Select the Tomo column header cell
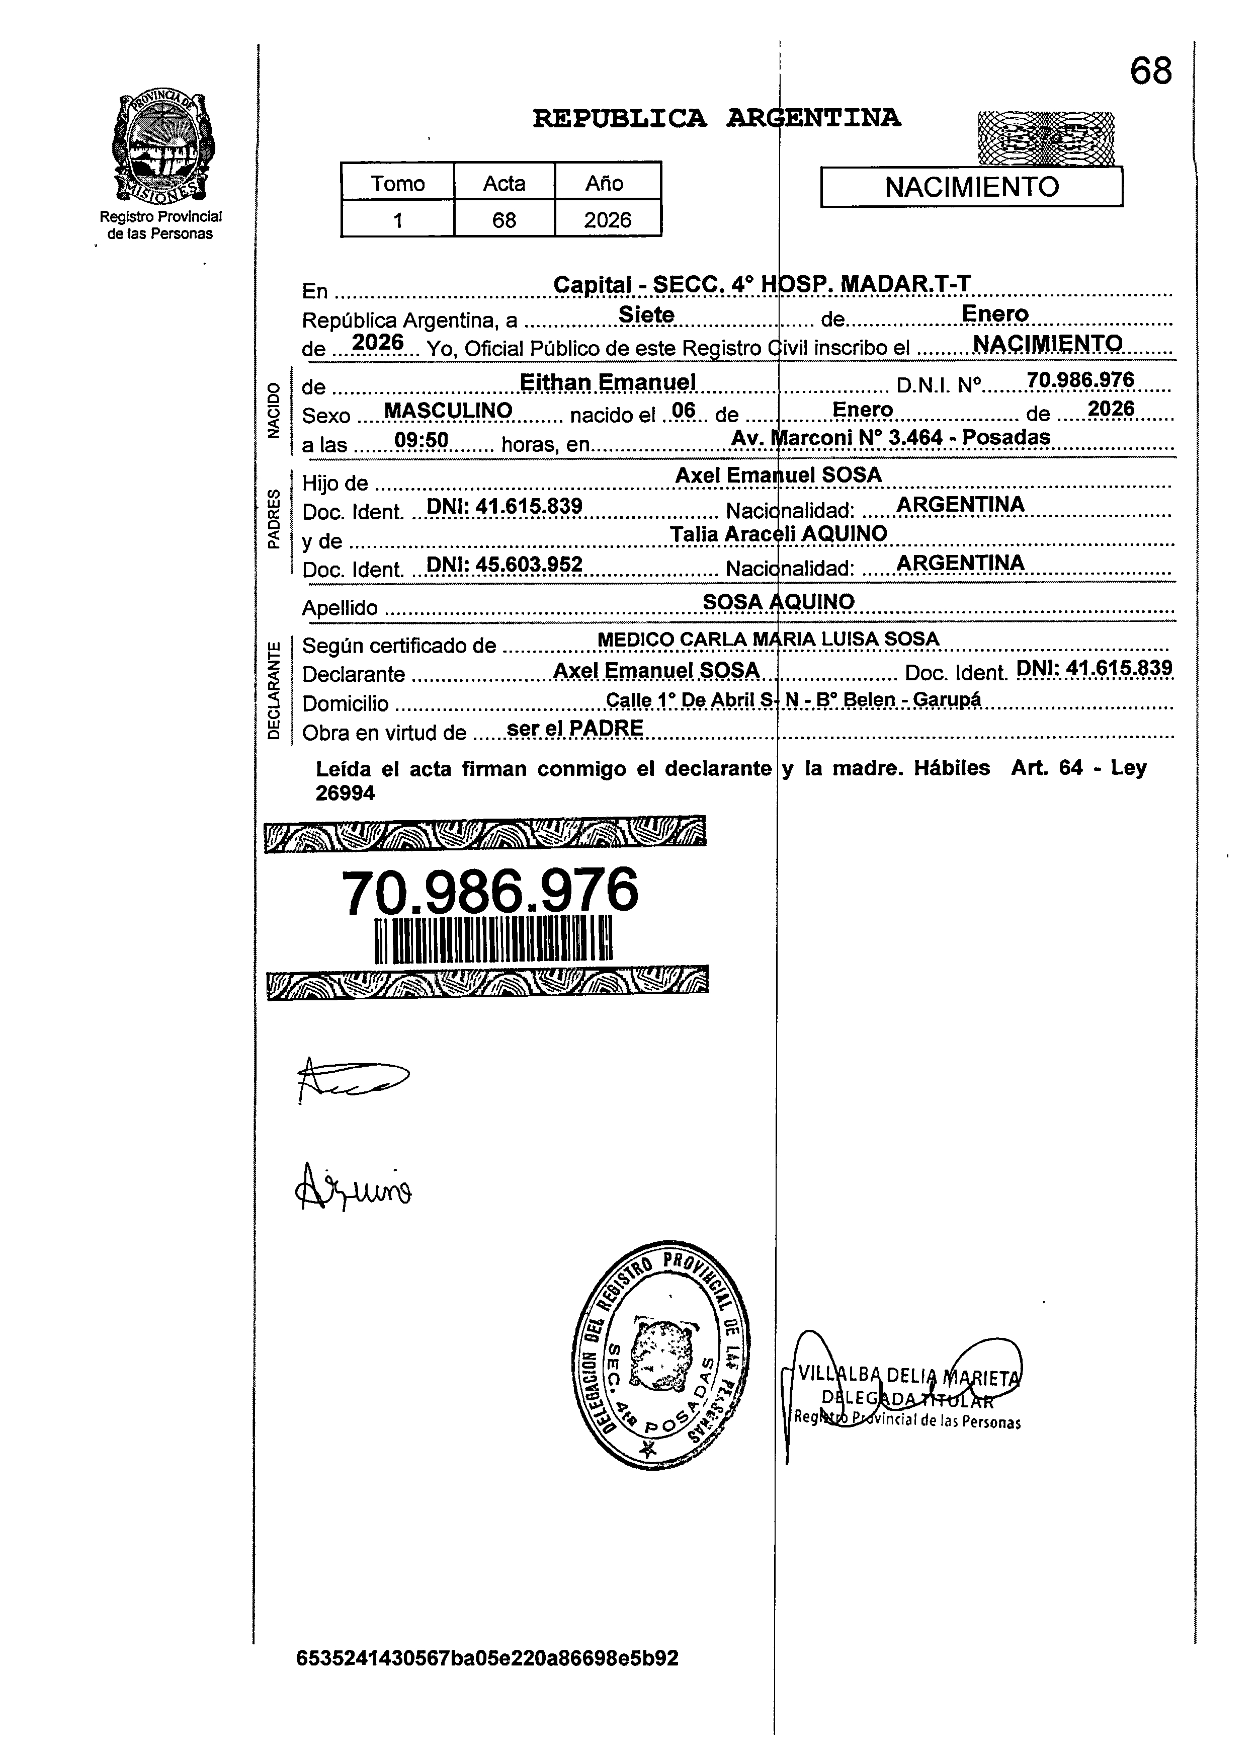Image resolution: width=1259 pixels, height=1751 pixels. click(x=397, y=183)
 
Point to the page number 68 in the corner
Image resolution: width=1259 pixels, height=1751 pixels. click(x=1150, y=72)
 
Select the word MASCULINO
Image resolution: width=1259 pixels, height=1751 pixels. click(x=448, y=410)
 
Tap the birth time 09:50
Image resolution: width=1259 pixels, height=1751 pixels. click(x=421, y=440)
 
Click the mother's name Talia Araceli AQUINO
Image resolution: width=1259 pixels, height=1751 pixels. click(x=778, y=533)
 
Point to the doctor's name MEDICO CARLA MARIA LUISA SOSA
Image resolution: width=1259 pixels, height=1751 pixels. click(x=768, y=639)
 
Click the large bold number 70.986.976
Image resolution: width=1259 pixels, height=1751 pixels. click(x=489, y=892)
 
